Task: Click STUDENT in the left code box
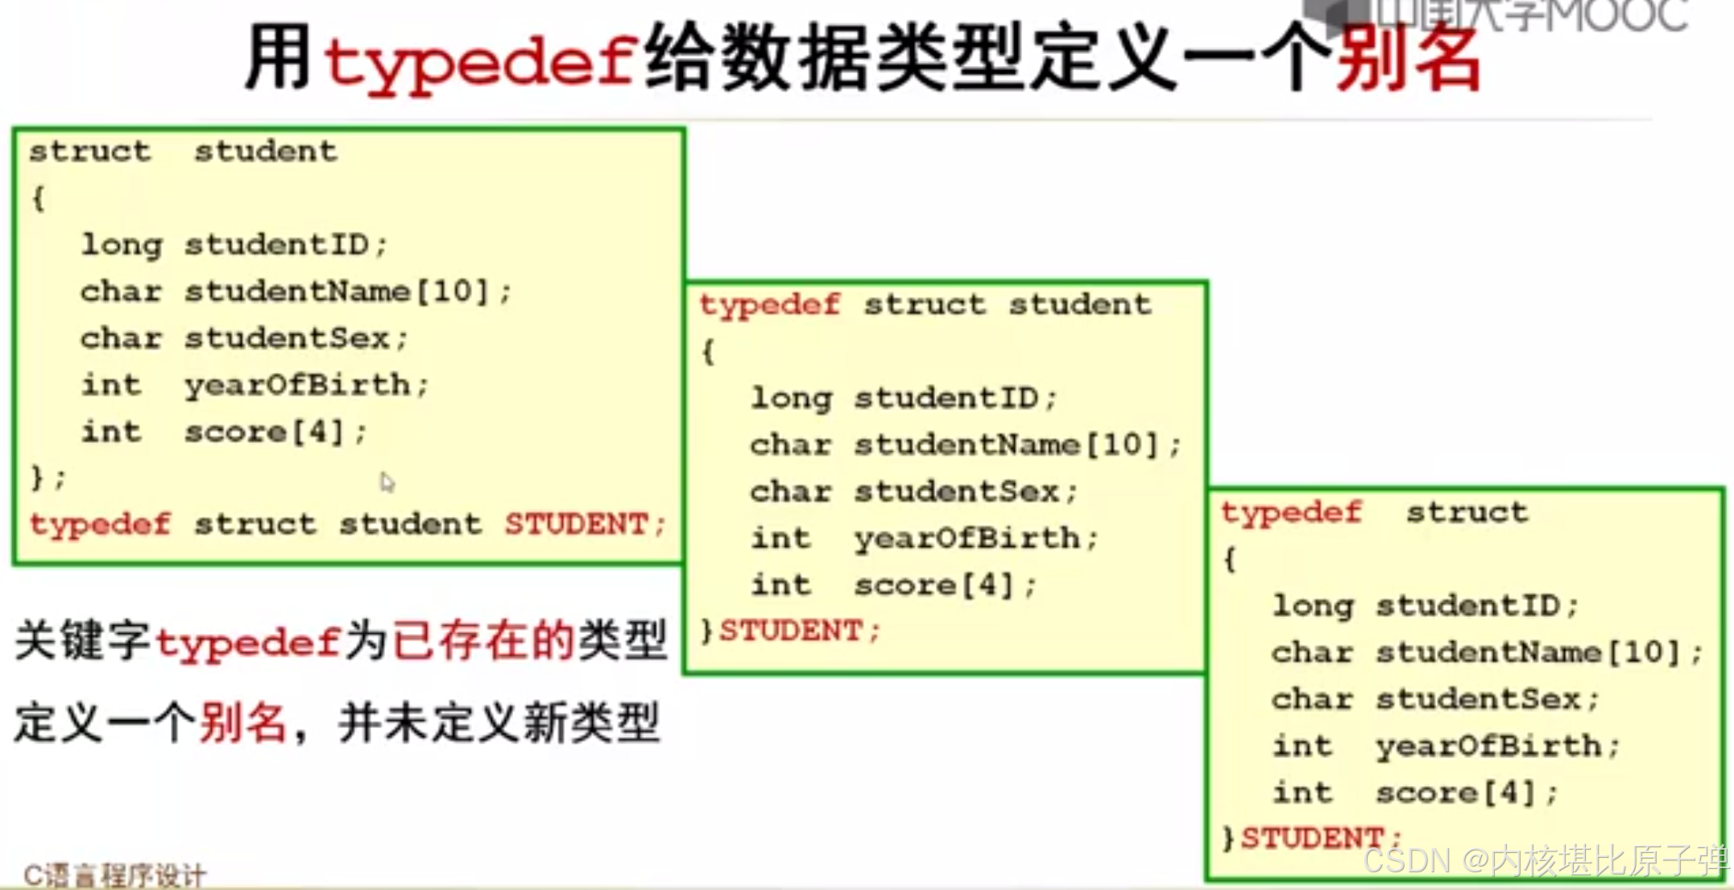pos(577,524)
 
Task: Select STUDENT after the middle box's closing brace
pos(791,631)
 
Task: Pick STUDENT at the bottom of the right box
pos(1313,838)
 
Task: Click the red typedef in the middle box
pos(770,304)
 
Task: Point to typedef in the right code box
pos(1291,512)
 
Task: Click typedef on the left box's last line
pos(100,524)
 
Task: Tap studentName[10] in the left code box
pos(337,291)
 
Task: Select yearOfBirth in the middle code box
pos(967,538)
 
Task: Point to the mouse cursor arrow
pos(387,482)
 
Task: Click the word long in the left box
pos(122,244)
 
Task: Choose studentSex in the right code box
pos(1479,699)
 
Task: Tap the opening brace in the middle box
pos(708,351)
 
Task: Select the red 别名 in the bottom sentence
pos(242,722)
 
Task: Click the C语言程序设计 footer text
pos(115,876)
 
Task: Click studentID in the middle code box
pos(946,398)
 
